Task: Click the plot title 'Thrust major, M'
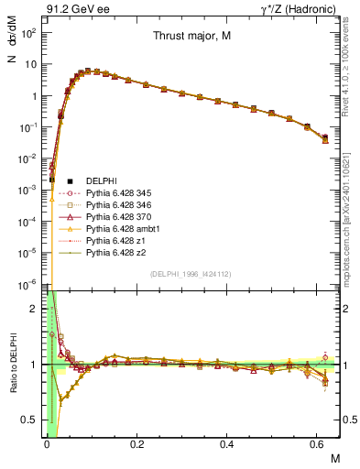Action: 192,38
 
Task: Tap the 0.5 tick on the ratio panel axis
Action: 33,420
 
